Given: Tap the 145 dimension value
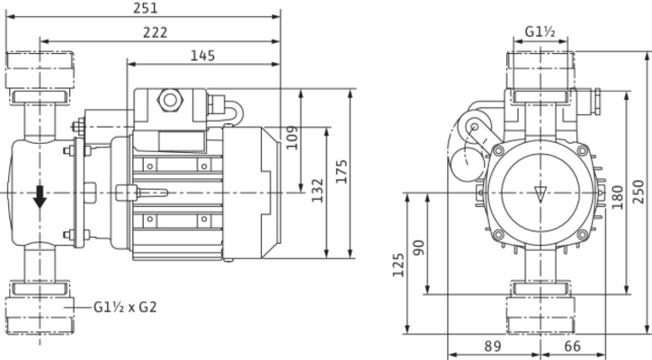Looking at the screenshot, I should click(x=204, y=56).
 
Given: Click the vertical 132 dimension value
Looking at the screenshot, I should click(x=317, y=190).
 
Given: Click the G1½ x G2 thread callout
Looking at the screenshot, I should click(x=126, y=306).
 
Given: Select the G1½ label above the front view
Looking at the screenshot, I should click(x=540, y=32).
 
